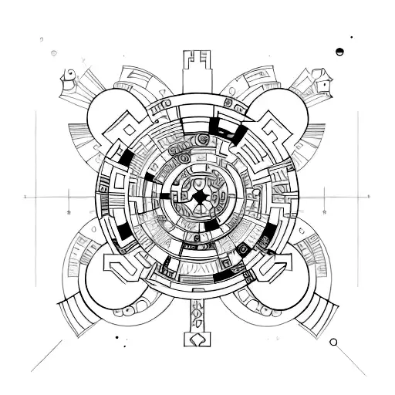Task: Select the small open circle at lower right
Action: (333, 341)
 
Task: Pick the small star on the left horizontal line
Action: (68, 210)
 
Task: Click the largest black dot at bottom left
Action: (116, 336)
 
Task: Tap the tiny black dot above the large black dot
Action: (352, 36)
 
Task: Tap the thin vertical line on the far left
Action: (35, 154)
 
